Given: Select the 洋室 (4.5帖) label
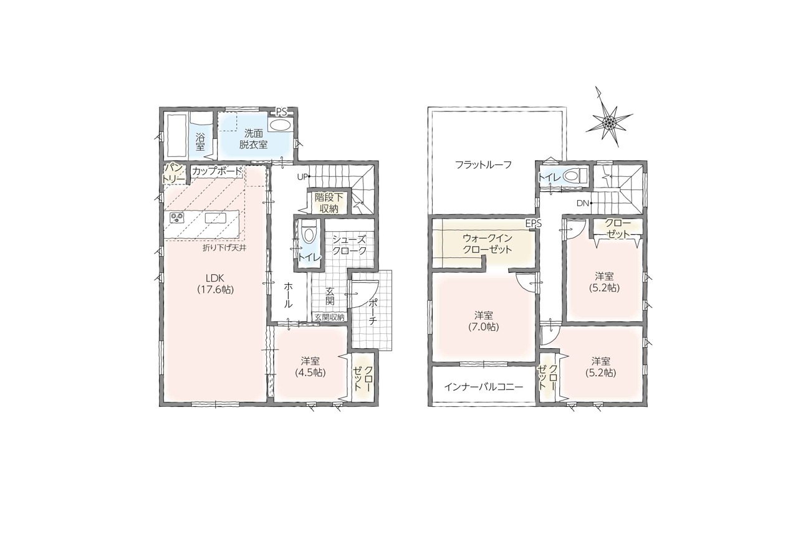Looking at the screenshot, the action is pyautogui.click(x=310, y=366).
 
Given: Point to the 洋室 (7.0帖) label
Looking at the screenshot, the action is pyautogui.click(x=483, y=321).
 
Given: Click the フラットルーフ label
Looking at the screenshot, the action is pyautogui.click(x=483, y=165).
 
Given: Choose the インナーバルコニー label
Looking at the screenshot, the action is pyautogui.click(x=483, y=387).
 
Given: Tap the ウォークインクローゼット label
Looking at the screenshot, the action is pyautogui.click(x=487, y=243).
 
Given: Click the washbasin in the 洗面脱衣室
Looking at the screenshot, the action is pyautogui.click(x=280, y=125).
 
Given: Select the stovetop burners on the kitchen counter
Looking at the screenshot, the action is pyautogui.click(x=176, y=217).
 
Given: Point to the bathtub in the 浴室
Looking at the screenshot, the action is pyautogui.click(x=177, y=136).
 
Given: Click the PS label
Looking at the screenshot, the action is pyautogui.click(x=281, y=113).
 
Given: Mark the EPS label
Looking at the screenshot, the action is pyautogui.click(x=533, y=223).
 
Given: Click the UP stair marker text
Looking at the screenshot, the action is pyautogui.click(x=302, y=177).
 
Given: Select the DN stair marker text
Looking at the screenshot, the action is pyautogui.click(x=583, y=203).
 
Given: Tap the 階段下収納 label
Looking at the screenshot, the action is pyautogui.click(x=329, y=203).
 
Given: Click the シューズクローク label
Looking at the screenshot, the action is pyautogui.click(x=349, y=245).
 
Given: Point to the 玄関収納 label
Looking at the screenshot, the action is pyautogui.click(x=330, y=317).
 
